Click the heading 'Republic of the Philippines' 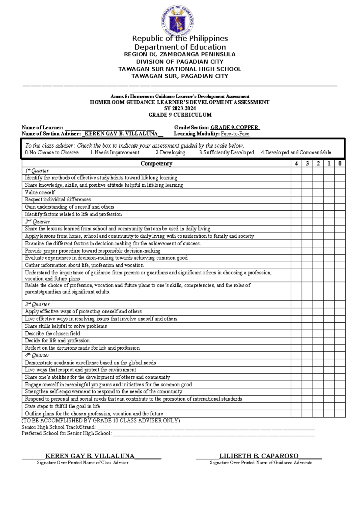tap(180, 38)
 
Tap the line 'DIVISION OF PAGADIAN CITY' tap(180, 62)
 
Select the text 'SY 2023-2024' tap(180, 108)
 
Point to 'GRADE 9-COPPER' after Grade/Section tap(235, 128)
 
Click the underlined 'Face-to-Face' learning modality tap(235, 134)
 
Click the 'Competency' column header tap(156, 164)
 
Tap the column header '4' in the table tap(296, 164)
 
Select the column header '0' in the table tap(340, 164)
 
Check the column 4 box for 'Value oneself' tap(296, 192)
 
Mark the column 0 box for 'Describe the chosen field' tap(340, 333)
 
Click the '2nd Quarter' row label tap(37, 222)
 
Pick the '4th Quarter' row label tap(37, 355)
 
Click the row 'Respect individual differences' tap(58, 200)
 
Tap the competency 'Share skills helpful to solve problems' tap(66, 326)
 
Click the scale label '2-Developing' tap(170, 152)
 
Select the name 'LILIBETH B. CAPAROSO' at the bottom tap(259, 456)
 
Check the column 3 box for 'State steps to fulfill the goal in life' tap(307, 406)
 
